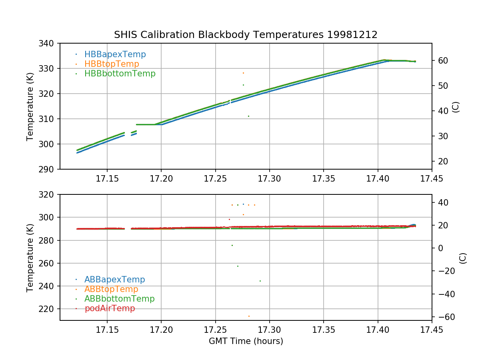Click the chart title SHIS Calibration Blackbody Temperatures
pyautogui.click(x=246, y=35)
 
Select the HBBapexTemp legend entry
pyautogui.click(x=115, y=54)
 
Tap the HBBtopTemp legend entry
pyautogui.click(x=112, y=64)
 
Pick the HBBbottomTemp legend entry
pyautogui.click(x=120, y=74)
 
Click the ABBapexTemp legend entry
pyautogui.click(x=114, y=280)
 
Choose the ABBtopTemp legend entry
pyautogui.click(x=111, y=289)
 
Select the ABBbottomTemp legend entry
pyautogui.click(x=119, y=299)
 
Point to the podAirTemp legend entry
pyautogui.click(x=110, y=308)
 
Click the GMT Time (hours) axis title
pyautogui.click(x=246, y=341)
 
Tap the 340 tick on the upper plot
pyautogui.click(x=48, y=43)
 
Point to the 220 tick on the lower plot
pyautogui.click(x=48, y=309)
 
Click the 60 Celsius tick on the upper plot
pyautogui.click(x=442, y=60)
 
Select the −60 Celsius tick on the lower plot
pyautogui.click(x=444, y=317)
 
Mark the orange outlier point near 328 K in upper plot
pyautogui.click(x=243, y=73)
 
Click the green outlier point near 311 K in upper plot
pyautogui.click(x=248, y=116)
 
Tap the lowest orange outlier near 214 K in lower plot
pyautogui.click(x=249, y=316)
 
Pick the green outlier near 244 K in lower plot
pyautogui.click(x=260, y=281)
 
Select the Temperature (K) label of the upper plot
pyautogui.click(x=30, y=106)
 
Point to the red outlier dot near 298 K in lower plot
pyautogui.click(x=229, y=219)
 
